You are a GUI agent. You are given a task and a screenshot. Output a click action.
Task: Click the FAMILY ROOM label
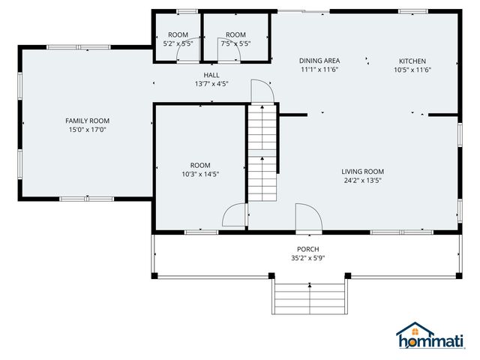87,121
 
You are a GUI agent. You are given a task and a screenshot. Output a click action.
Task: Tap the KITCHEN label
412,61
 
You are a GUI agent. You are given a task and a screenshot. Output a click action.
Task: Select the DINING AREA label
319,61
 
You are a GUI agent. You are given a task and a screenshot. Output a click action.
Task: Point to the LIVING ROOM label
363,171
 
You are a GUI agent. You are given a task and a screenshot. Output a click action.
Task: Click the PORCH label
307,249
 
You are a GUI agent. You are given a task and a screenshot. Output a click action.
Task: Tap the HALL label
211,75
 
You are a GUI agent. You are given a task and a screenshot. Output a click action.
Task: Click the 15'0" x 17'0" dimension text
87,130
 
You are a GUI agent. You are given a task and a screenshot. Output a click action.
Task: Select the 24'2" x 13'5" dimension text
363,180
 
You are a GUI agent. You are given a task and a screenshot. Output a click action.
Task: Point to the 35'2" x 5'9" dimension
307,258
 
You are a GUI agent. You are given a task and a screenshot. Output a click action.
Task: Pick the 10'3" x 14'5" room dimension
200,174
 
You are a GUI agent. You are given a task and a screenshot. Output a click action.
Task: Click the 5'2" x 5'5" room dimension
178,43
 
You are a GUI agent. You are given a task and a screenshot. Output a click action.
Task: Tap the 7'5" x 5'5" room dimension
235,43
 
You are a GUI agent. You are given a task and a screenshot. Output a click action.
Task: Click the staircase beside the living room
262,154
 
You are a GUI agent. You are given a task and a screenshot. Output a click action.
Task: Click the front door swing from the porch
307,217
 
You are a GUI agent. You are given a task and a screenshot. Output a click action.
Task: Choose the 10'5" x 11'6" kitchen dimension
412,70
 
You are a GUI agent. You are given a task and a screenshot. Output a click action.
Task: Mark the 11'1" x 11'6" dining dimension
319,70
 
